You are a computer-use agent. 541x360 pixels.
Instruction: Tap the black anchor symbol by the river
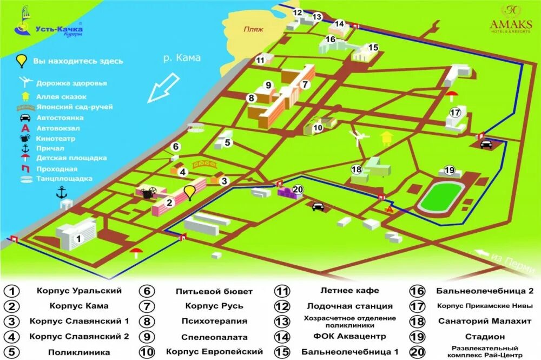[x=62, y=192]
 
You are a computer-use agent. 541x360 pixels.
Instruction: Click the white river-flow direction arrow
[x=164, y=88]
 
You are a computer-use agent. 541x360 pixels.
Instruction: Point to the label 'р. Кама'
[x=182, y=58]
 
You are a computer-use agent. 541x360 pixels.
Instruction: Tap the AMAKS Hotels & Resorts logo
[x=510, y=19]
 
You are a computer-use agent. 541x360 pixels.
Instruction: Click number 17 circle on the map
[x=455, y=113]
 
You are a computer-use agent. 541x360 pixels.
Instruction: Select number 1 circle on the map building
[x=78, y=238]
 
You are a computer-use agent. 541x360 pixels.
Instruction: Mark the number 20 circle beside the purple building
[x=298, y=189]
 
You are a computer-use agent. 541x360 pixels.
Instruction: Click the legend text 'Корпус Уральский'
[x=79, y=291]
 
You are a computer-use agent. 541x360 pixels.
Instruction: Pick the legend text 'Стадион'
[x=484, y=337]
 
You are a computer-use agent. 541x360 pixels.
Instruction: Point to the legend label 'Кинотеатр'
[x=56, y=139]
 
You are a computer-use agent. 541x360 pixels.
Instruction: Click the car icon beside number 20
[x=318, y=206]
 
